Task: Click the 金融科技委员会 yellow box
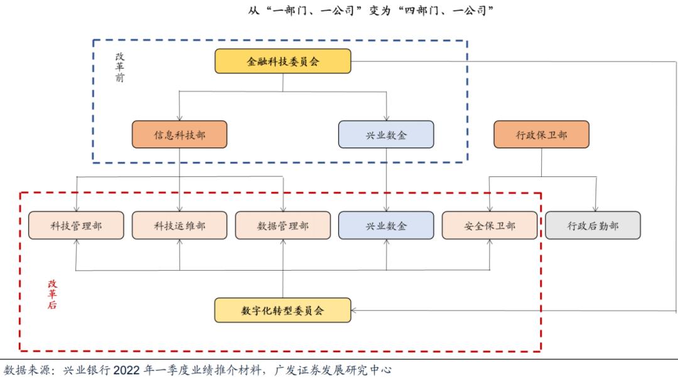[x=282, y=62]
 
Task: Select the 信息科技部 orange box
[x=179, y=134]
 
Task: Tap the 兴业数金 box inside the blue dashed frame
[x=386, y=134]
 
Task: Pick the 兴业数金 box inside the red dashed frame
[x=386, y=225]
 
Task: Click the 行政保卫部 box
[x=541, y=134]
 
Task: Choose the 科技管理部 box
[x=75, y=225]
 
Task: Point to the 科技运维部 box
[x=179, y=225]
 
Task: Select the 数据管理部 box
[x=282, y=225]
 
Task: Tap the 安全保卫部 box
[x=490, y=225]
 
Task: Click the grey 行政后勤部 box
[x=593, y=225]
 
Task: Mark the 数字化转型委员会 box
[x=282, y=310]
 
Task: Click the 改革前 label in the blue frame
[x=119, y=67]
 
